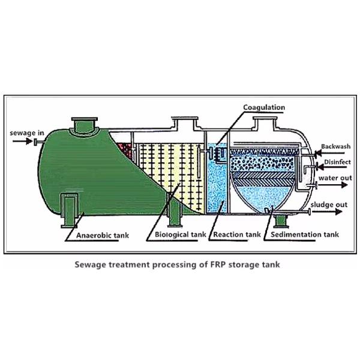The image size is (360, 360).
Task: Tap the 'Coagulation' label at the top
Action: [x=263, y=107]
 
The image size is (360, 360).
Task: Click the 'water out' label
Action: [x=334, y=178]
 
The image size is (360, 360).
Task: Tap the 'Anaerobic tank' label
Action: [x=102, y=236]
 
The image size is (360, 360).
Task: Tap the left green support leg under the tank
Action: [x=71, y=211]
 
